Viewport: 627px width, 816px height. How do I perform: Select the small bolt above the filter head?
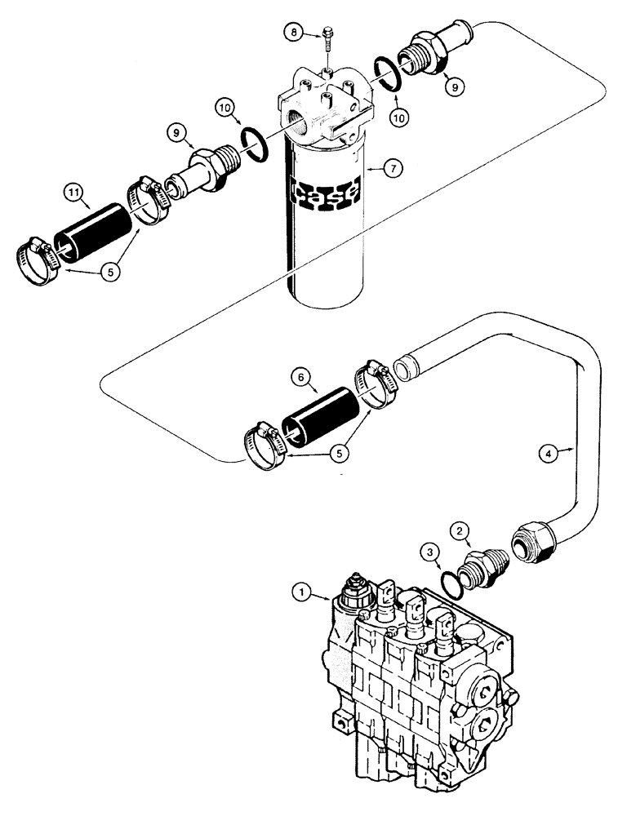(x=327, y=41)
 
